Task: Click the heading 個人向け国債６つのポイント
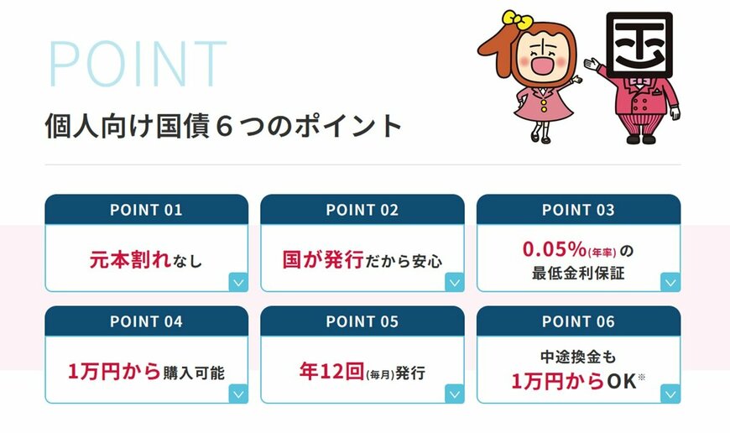pos(224,127)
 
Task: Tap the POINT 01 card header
pos(146,210)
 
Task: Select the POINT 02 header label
pos(362,210)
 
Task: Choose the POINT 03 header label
pos(578,210)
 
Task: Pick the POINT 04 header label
pos(146,321)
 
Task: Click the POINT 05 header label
pos(362,321)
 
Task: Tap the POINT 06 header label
pos(578,321)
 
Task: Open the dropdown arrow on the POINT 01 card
pos(238,282)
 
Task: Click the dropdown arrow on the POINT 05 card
pos(455,393)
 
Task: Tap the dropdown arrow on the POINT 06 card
pos(670,393)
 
